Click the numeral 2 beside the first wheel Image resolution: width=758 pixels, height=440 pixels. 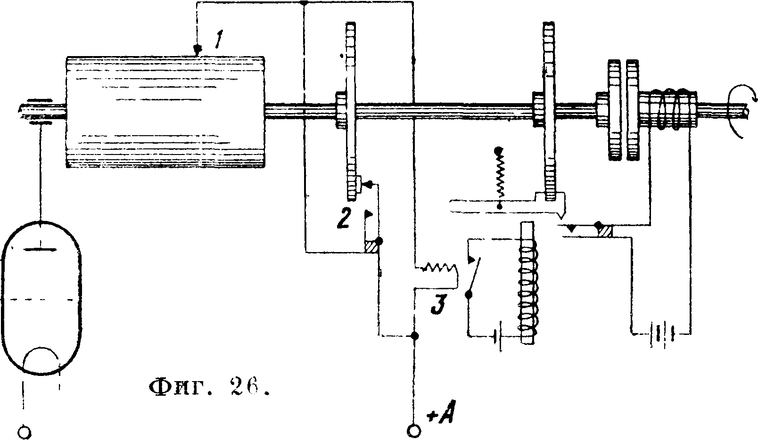tap(343, 219)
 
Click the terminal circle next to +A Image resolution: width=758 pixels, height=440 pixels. tap(414, 430)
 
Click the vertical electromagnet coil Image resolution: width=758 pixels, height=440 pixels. tap(527, 283)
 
